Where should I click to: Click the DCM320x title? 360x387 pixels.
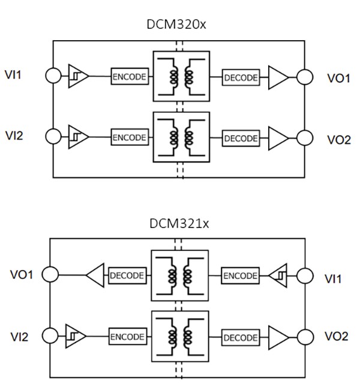pyautogui.click(x=179, y=25)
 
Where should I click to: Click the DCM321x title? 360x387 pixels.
pyautogui.click(x=179, y=224)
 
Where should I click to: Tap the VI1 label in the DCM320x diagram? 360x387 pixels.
pyautogui.click(x=18, y=76)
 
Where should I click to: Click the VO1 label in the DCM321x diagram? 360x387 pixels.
pyautogui.click(x=22, y=275)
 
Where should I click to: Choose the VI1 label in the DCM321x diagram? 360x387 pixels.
pyautogui.click(x=334, y=278)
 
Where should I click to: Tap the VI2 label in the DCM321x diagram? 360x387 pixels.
pyautogui.click(x=19, y=337)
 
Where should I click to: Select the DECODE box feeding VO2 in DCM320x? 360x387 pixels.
pyautogui.click(x=241, y=138)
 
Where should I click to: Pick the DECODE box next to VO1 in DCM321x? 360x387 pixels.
pyautogui.click(x=127, y=276)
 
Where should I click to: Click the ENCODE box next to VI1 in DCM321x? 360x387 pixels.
pyautogui.click(x=240, y=276)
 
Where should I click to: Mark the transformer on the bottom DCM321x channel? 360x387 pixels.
pyautogui.click(x=180, y=336)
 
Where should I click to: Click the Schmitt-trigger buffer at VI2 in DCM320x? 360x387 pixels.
pyautogui.click(x=77, y=136)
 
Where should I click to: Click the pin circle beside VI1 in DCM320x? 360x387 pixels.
pyautogui.click(x=53, y=76)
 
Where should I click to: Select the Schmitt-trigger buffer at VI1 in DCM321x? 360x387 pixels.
pyautogui.click(x=279, y=276)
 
